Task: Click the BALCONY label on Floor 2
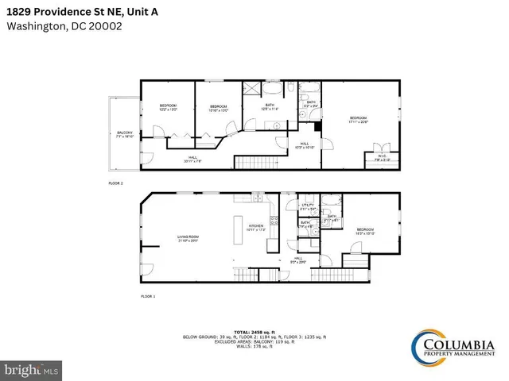coord(125,134)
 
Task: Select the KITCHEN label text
coord(256,227)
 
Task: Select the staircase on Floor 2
coord(254,163)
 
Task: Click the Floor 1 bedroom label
coord(364,231)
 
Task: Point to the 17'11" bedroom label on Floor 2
coord(359,120)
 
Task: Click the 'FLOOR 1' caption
coord(149,295)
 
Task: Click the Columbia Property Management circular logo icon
coord(426,346)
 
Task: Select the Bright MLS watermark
coord(32,369)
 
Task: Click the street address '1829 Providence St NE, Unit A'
coord(89,10)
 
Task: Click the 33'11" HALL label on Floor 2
coord(192,158)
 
